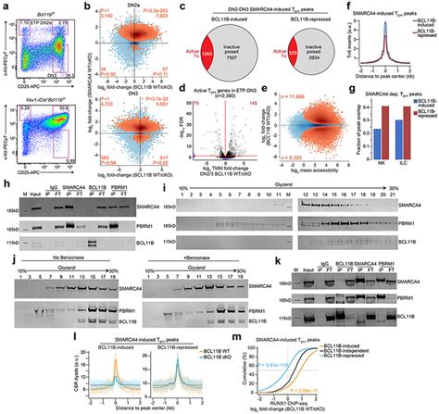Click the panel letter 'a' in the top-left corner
click(x=5, y=6)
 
